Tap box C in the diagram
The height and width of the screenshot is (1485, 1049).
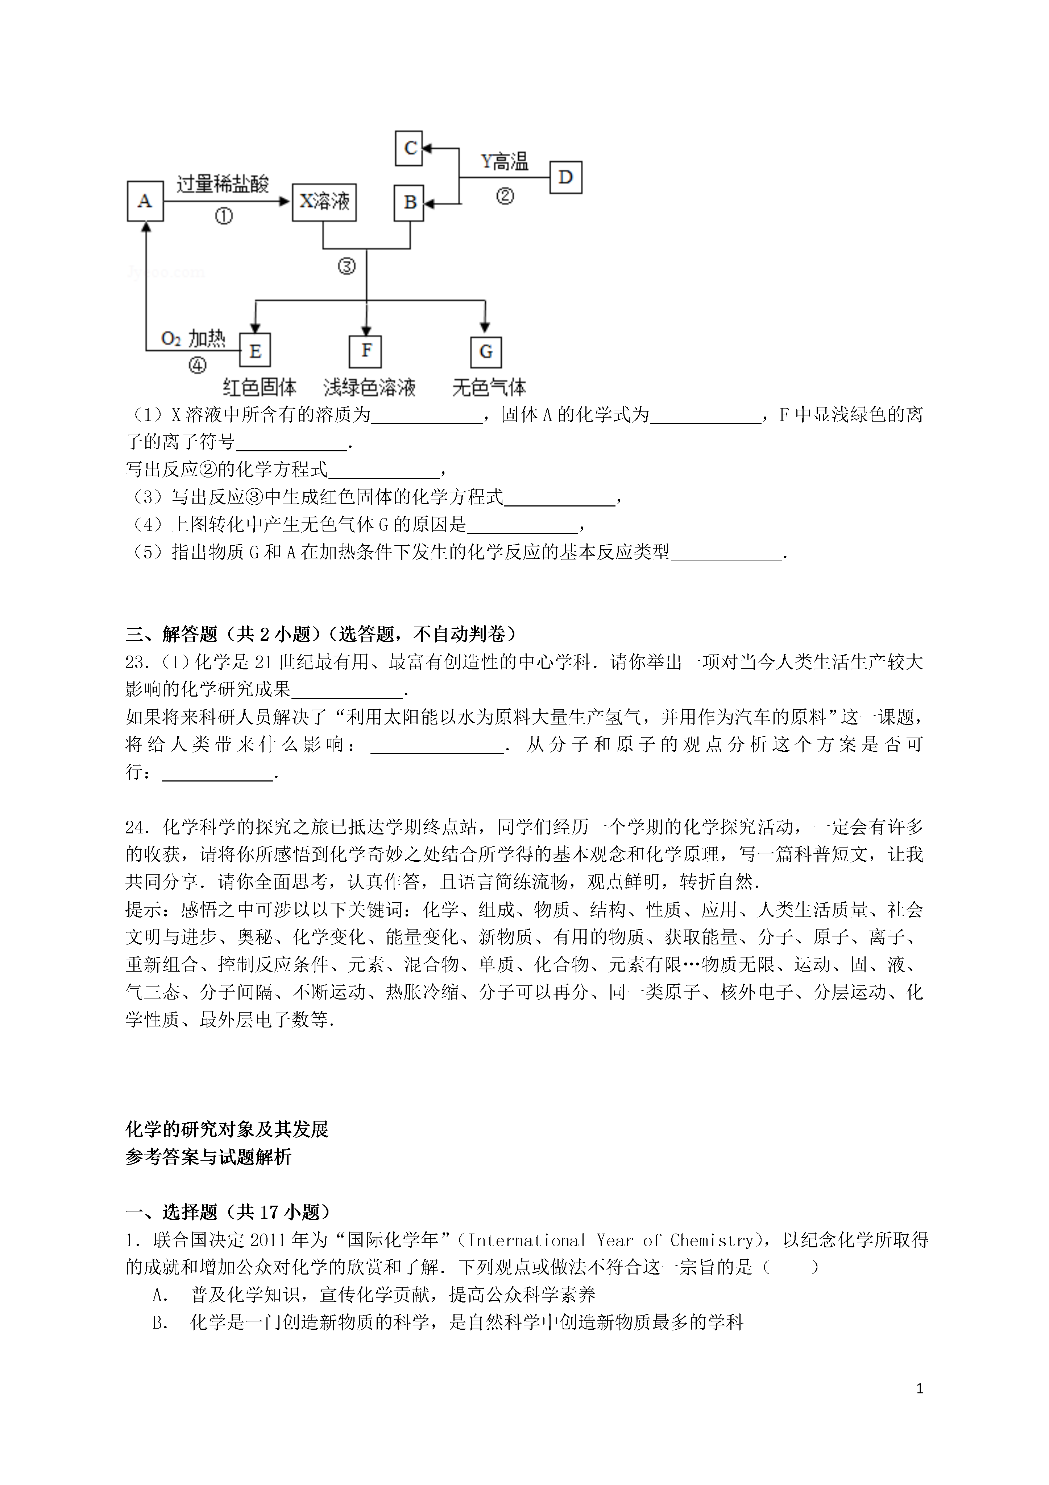point(409,148)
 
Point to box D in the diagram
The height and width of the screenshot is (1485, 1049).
point(565,177)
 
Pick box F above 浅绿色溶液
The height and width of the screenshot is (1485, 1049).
point(366,351)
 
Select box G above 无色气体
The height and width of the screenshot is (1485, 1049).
point(485,352)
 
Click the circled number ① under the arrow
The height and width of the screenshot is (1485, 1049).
point(224,216)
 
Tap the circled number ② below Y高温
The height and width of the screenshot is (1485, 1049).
point(505,195)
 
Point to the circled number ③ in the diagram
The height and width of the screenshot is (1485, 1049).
point(347,266)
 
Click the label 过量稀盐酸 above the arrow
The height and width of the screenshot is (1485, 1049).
point(223,184)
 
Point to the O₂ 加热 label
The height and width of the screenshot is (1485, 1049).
point(192,338)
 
